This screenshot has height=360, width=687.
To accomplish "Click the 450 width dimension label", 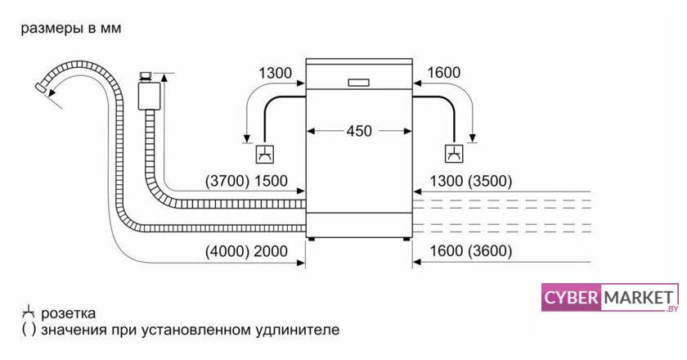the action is click(359, 131).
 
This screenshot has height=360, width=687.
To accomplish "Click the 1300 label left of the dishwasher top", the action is click(275, 73).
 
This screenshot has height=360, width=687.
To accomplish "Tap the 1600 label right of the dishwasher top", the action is click(443, 72).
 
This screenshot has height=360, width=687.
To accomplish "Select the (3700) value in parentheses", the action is click(227, 181).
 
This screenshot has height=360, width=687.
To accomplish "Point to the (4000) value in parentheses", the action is click(227, 251).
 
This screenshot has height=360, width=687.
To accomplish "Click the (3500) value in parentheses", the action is click(490, 181).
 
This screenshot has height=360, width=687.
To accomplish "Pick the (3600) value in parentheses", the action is click(490, 251).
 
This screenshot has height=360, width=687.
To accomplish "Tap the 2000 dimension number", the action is click(271, 251).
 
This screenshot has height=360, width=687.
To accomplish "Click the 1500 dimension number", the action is click(271, 181).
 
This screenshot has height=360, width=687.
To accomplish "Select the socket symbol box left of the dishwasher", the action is click(265, 154).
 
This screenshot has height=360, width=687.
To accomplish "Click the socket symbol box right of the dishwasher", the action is click(455, 154).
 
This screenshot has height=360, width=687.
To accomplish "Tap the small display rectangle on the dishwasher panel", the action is click(358, 83).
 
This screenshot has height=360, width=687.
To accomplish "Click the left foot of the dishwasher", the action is click(311, 239).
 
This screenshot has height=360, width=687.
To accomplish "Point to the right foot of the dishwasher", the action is click(406, 239).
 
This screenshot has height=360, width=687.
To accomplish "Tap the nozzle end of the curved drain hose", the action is click(41, 88).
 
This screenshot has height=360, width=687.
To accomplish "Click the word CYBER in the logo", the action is click(571, 298).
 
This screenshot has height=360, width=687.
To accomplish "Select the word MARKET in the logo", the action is click(639, 298).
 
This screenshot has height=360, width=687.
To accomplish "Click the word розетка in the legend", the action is click(69, 314).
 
